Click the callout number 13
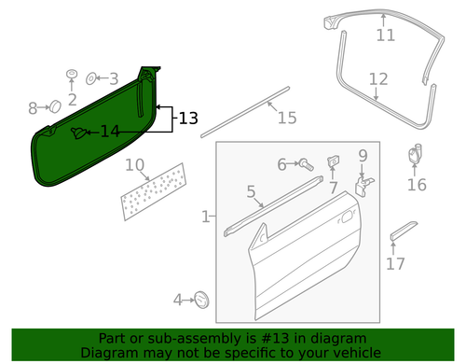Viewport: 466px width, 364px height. click(x=188, y=119)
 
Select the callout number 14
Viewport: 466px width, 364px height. click(x=110, y=132)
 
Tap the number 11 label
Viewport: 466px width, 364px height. click(x=385, y=35)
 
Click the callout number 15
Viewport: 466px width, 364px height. click(x=286, y=118)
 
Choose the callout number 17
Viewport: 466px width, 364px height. click(x=395, y=263)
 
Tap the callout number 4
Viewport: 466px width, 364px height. click(x=177, y=300)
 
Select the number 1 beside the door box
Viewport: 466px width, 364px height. click(x=205, y=217)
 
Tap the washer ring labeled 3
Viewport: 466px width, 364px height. click(x=92, y=79)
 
